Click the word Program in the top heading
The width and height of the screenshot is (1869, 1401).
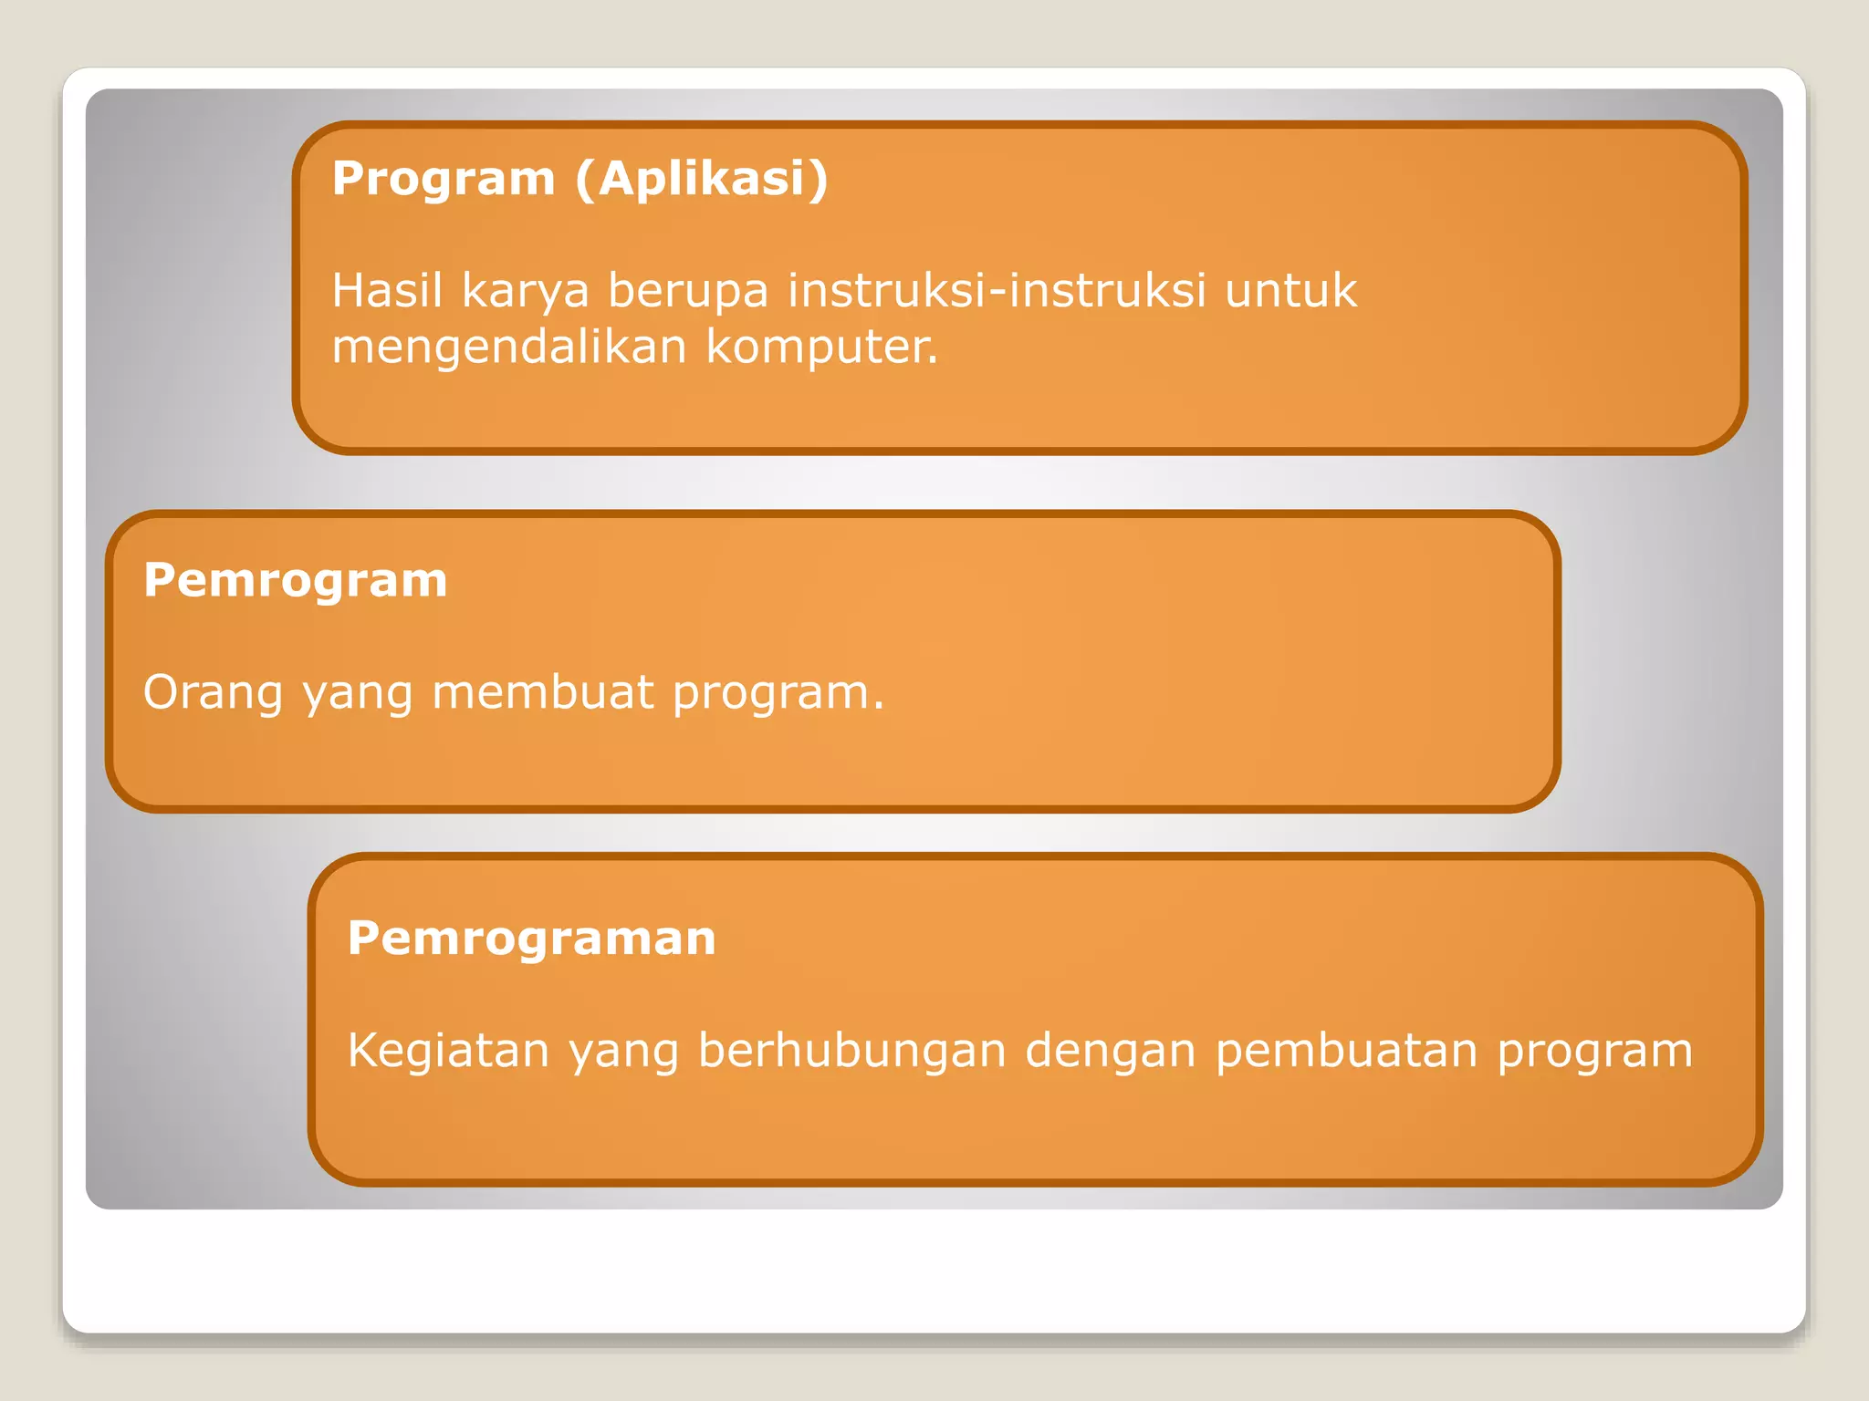[444, 180]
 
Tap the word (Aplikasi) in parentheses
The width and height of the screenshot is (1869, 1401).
[702, 180]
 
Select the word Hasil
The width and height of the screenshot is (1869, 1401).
[387, 291]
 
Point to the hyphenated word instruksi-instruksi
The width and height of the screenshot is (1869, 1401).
[997, 291]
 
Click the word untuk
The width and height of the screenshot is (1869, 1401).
[1290, 291]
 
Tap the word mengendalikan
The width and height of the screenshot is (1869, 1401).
[508, 348]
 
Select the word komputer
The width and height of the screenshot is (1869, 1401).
[821, 348]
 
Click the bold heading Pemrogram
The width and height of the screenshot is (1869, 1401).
[295, 581]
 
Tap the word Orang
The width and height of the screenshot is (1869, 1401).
[213, 693]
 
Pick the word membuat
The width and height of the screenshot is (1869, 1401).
[543, 692]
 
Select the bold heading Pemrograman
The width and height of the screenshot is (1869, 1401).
[531, 939]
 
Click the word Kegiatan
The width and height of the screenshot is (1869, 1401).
[448, 1052]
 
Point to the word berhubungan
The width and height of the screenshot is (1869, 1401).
[851, 1051]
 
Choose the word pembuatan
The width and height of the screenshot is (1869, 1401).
[1346, 1052]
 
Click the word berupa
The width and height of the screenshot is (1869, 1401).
[688, 293]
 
